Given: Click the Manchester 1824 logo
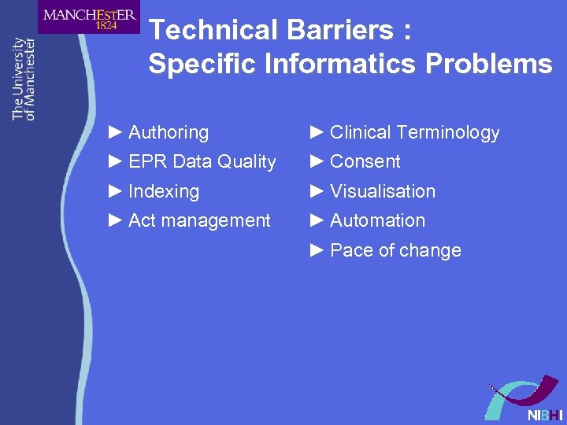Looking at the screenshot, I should pyautogui.click(x=88, y=17).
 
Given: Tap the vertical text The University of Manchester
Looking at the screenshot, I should pyautogui.click(x=24, y=79).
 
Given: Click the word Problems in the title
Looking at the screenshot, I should pyautogui.click(x=489, y=64).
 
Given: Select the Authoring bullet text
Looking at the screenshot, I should pyautogui.click(x=168, y=132).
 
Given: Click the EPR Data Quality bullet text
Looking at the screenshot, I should pyautogui.click(x=202, y=161).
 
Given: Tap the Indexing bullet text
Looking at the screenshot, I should pyautogui.click(x=163, y=191).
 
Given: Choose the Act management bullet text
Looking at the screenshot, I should pyautogui.click(x=198, y=220).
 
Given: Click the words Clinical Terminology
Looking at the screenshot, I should pyautogui.click(x=414, y=132).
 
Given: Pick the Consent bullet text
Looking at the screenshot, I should pyautogui.click(x=365, y=161).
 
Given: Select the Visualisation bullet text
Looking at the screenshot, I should pyautogui.click(x=382, y=191).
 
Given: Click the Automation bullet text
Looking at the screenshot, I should pyautogui.click(x=377, y=220).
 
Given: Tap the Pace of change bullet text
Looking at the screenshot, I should pyautogui.click(x=395, y=250).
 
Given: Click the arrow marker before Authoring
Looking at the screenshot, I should pyautogui.click(x=115, y=131).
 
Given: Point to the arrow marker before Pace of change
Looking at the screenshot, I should pyautogui.click(x=317, y=249).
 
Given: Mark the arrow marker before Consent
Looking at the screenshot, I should pyautogui.click(x=317, y=161).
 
